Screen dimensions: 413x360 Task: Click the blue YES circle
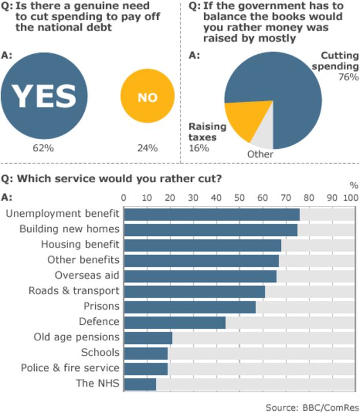[44, 96]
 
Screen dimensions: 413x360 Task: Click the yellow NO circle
[147, 97]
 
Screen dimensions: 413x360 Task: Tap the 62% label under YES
[43, 148]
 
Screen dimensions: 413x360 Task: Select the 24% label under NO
[147, 148]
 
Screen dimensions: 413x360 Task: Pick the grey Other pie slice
[262, 136]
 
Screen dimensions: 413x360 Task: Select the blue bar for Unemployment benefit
[212, 214]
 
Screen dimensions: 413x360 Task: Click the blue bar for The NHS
[140, 384]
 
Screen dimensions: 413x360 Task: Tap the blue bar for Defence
[175, 322]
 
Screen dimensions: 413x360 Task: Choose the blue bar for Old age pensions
[148, 337]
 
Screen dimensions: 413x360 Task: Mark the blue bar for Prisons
[190, 306]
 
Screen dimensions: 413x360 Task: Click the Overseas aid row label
[87, 275]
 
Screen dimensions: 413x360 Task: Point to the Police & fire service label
[70, 368]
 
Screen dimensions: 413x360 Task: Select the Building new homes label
[69, 229]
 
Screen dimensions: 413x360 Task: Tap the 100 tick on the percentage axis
[350, 197]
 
